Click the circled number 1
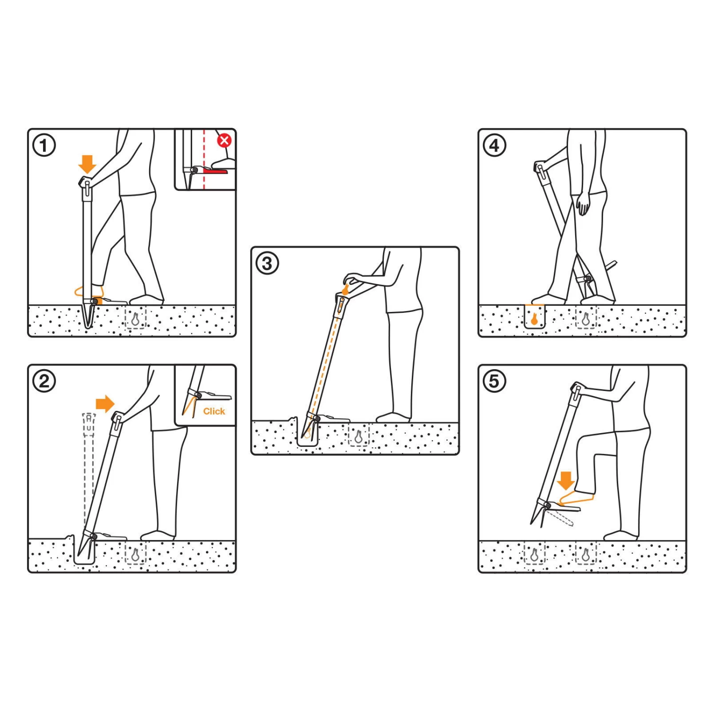(44, 145)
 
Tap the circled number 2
(44, 381)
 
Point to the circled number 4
(495, 145)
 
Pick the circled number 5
(495, 381)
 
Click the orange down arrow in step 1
(87, 164)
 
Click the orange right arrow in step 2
(105, 404)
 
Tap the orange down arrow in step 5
(566, 480)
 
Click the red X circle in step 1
(224, 141)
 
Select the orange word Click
(214, 411)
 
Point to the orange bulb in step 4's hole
(534, 319)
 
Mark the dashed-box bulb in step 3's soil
(358, 436)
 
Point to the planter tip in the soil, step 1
(88, 326)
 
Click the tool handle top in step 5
(577, 389)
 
